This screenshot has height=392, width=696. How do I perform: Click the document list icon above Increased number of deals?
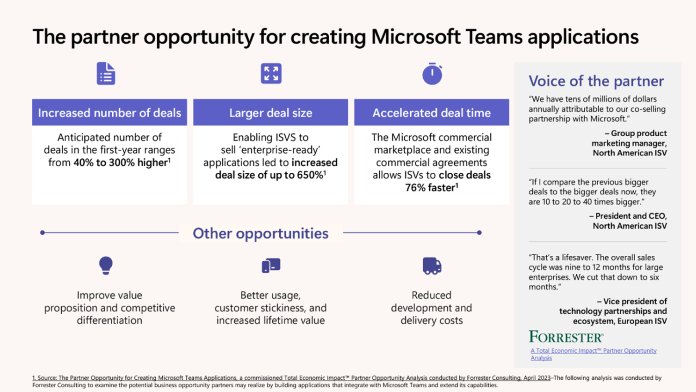click(x=106, y=74)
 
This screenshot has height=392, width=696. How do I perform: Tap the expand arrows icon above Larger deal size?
click(x=271, y=74)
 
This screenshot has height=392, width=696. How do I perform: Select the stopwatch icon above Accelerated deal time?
click(x=432, y=74)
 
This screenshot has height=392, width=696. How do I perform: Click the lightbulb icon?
click(x=106, y=265)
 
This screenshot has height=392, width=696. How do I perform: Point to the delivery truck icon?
click(x=432, y=266)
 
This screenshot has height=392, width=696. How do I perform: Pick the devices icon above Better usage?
click(x=271, y=266)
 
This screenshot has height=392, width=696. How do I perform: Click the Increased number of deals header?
click(x=109, y=112)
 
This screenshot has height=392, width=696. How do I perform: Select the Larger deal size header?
click(x=270, y=112)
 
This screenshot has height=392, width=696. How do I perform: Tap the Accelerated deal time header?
click(x=431, y=112)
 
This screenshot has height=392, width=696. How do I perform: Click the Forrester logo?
click(x=566, y=337)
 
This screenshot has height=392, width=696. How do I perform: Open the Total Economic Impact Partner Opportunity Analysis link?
click(x=593, y=354)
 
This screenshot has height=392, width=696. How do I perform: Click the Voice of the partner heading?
click(x=596, y=81)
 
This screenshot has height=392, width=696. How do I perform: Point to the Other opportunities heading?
click(x=261, y=233)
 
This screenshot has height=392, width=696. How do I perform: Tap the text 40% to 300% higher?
click(x=121, y=163)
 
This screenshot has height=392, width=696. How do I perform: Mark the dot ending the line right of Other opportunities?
click(x=479, y=233)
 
